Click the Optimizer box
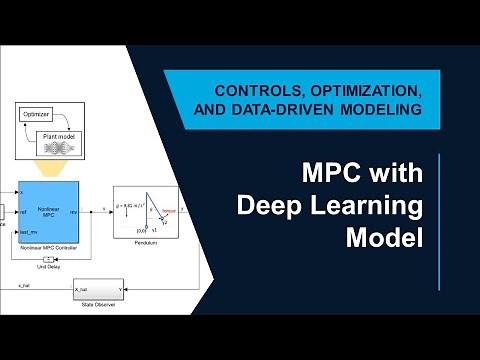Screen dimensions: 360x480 tap(36, 115)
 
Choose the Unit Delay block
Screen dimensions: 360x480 tap(48, 258)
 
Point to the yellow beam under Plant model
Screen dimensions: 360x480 tap(50, 165)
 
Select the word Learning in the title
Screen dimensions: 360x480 tap(368, 207)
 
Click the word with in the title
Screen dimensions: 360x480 tap(394, 175)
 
